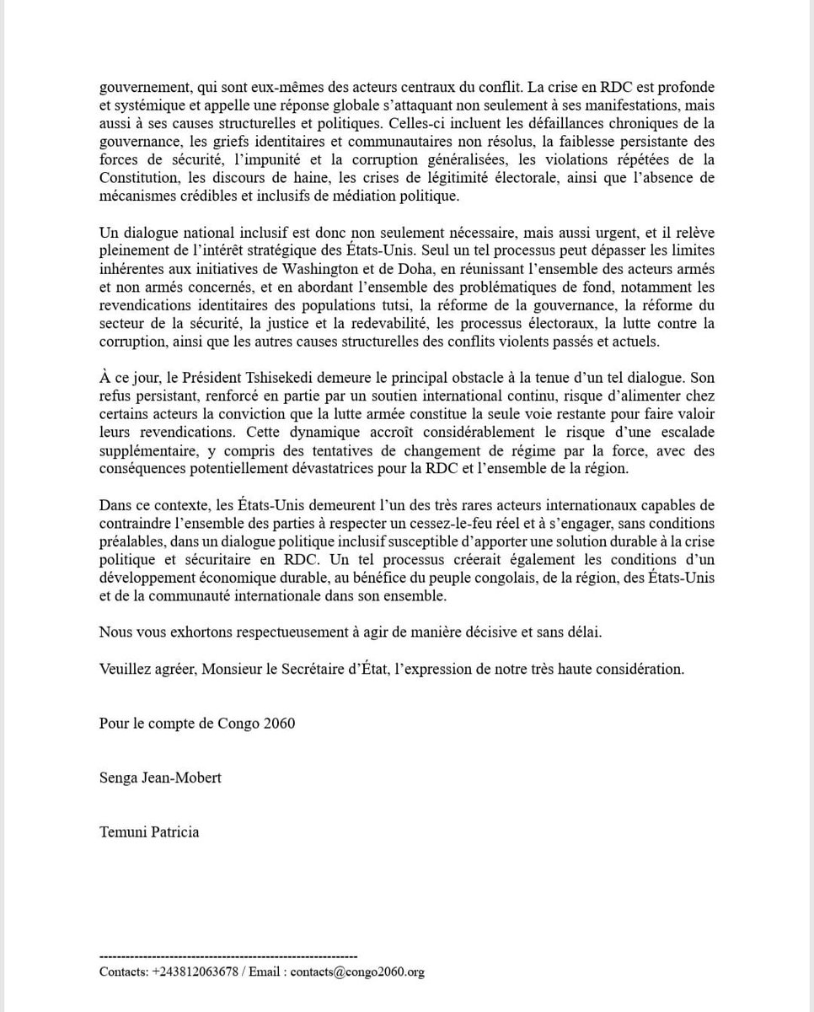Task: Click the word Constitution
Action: pyautogui.click(x=136, y=178)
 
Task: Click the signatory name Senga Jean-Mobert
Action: pyautogui.click(x=160, y=778)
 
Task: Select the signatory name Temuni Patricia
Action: pyautogui.click(x=149, y=832)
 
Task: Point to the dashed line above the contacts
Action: pyautogui.click(x=228, y=956)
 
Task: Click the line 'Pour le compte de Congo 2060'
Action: pyautogui.click(x=197, y=723)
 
